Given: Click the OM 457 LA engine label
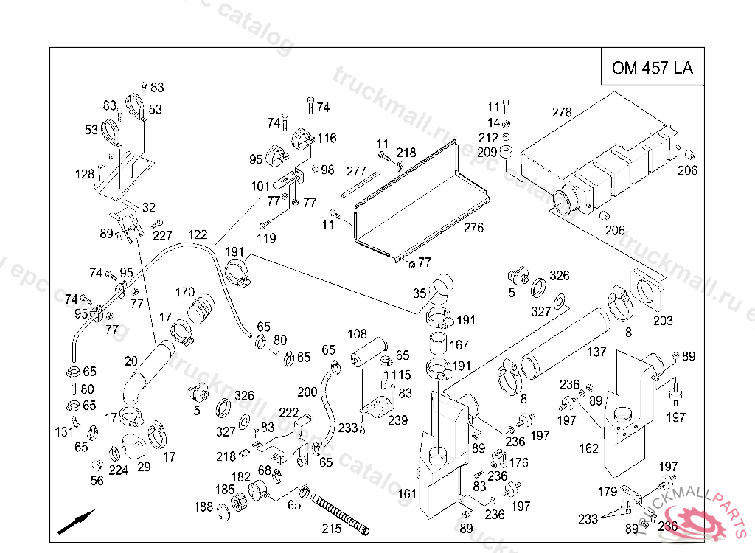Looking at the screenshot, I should tap(652, 69).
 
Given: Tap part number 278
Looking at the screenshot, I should tap(562, 113).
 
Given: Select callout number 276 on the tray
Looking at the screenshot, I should tap(473, 228).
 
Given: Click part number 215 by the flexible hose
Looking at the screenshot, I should tap(331, 529).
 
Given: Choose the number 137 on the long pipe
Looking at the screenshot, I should tap(596, 352).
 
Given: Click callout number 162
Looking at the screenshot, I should tap(589, 448).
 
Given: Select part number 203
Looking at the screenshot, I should tap(663, 321).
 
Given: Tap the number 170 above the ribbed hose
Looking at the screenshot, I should tap(184, 291).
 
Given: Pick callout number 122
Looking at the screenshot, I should tap(197, 234).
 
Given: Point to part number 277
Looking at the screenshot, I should tap(356, 172).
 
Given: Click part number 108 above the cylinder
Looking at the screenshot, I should tap(357, 334).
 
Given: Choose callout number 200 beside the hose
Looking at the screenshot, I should tap(307, 392).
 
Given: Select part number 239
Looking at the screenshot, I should tap(397, 420).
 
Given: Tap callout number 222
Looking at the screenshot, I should tap(288, 413).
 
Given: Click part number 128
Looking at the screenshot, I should tap(85, 175).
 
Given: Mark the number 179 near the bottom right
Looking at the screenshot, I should tap(607, 492).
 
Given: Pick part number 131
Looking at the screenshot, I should tap(63, 431).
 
